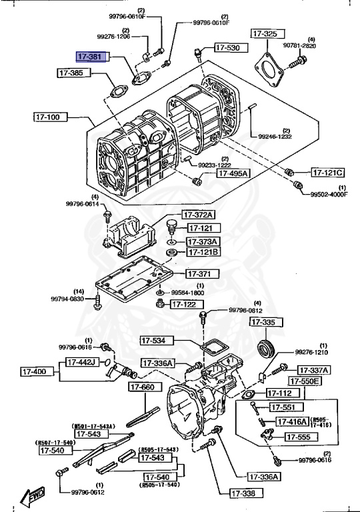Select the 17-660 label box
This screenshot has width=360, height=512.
pos(143,387)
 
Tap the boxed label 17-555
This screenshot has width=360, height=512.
pos(299,437)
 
